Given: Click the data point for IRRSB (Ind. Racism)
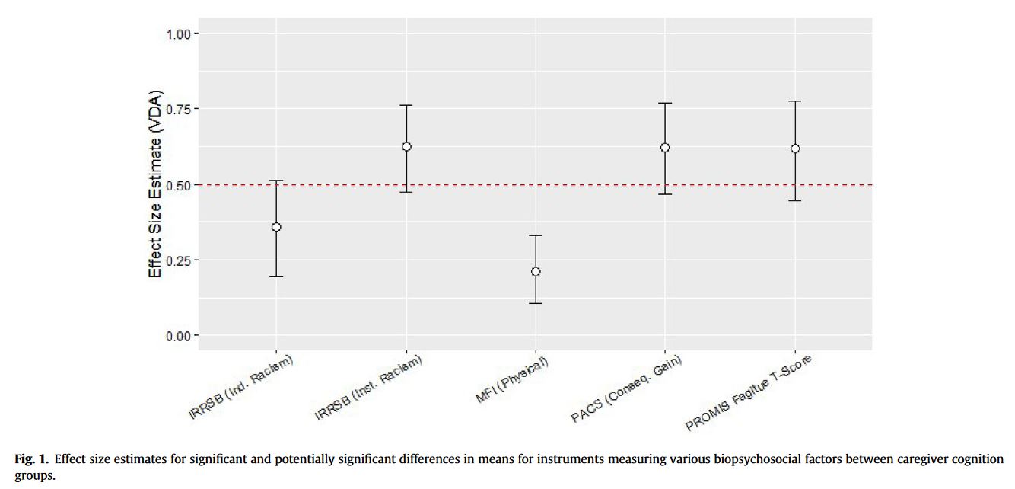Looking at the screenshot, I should [x=276, y=227].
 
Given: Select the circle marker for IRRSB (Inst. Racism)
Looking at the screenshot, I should [x=406, y=146].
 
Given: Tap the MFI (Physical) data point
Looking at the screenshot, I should [x=536, y=271].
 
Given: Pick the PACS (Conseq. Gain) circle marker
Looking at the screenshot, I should [x=665, y=148].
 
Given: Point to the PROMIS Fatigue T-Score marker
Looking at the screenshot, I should [x=795, y=149].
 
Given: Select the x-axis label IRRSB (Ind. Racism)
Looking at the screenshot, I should [x=241, y=386].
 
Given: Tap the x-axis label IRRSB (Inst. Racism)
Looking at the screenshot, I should [x=369, y=387].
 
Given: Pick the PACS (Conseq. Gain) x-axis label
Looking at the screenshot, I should [x=626, y=388].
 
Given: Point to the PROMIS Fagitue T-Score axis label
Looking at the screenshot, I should [x=749, y=392].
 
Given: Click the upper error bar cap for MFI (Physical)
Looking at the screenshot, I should [x=536, y=235].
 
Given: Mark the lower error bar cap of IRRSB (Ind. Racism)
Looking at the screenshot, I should [x=276, y=276].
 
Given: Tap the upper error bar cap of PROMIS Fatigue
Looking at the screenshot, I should [x=795, y=101].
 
